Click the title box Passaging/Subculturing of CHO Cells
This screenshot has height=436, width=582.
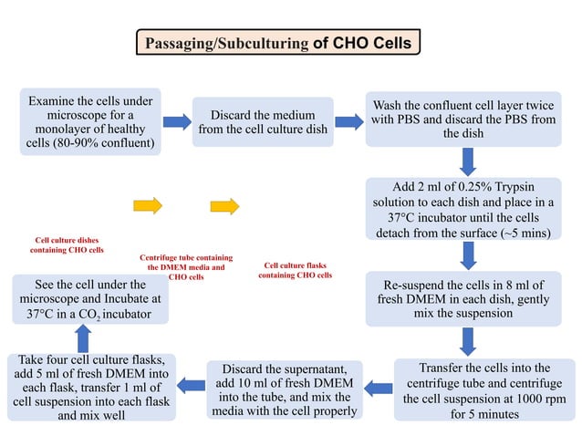(x=278, y=42)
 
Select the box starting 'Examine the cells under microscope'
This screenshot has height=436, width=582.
(x=90, y=121)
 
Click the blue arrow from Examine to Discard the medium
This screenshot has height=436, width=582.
(x=177, y=121)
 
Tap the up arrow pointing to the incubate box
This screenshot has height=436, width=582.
(x=81, y=339)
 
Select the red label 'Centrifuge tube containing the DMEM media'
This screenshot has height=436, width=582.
(x=186, y=266)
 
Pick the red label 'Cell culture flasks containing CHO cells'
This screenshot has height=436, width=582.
(x=296, y=270)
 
